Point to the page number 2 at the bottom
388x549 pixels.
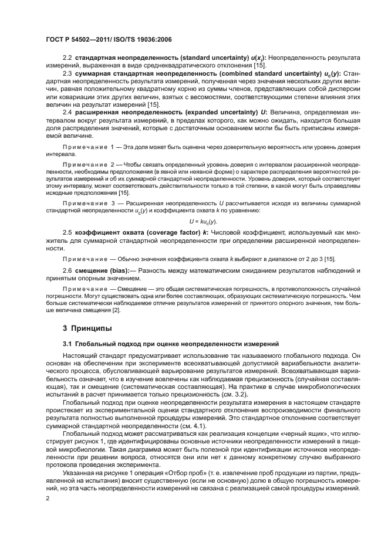(48, 499)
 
